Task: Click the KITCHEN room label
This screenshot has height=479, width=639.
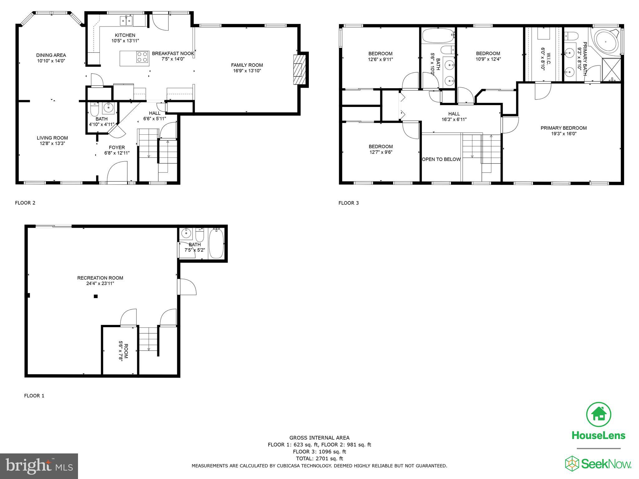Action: tap(125, 35)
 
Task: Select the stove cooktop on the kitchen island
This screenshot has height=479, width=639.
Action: tap(142, 57)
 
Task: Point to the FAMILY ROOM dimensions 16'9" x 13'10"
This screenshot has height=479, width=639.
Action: tap(247, 71)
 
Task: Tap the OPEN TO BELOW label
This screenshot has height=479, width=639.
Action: tap(441, 159)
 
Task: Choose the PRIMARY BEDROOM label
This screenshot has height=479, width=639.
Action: tap(563, 128)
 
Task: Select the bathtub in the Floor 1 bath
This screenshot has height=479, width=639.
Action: tap(216, 243)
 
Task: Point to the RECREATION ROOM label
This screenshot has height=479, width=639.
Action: tap(100, 278)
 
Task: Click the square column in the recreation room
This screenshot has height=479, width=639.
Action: tap(96, 296)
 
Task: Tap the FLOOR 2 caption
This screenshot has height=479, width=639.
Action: tap(25, 203)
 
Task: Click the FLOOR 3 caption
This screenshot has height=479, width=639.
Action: tap(349, 203)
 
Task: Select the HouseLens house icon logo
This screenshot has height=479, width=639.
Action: tap(598, 414)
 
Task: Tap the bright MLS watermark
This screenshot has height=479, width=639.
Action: tap(39, 466)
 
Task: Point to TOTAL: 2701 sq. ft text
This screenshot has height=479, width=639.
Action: tap(319, 458)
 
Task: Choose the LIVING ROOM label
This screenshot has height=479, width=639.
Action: tap(52, 138)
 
